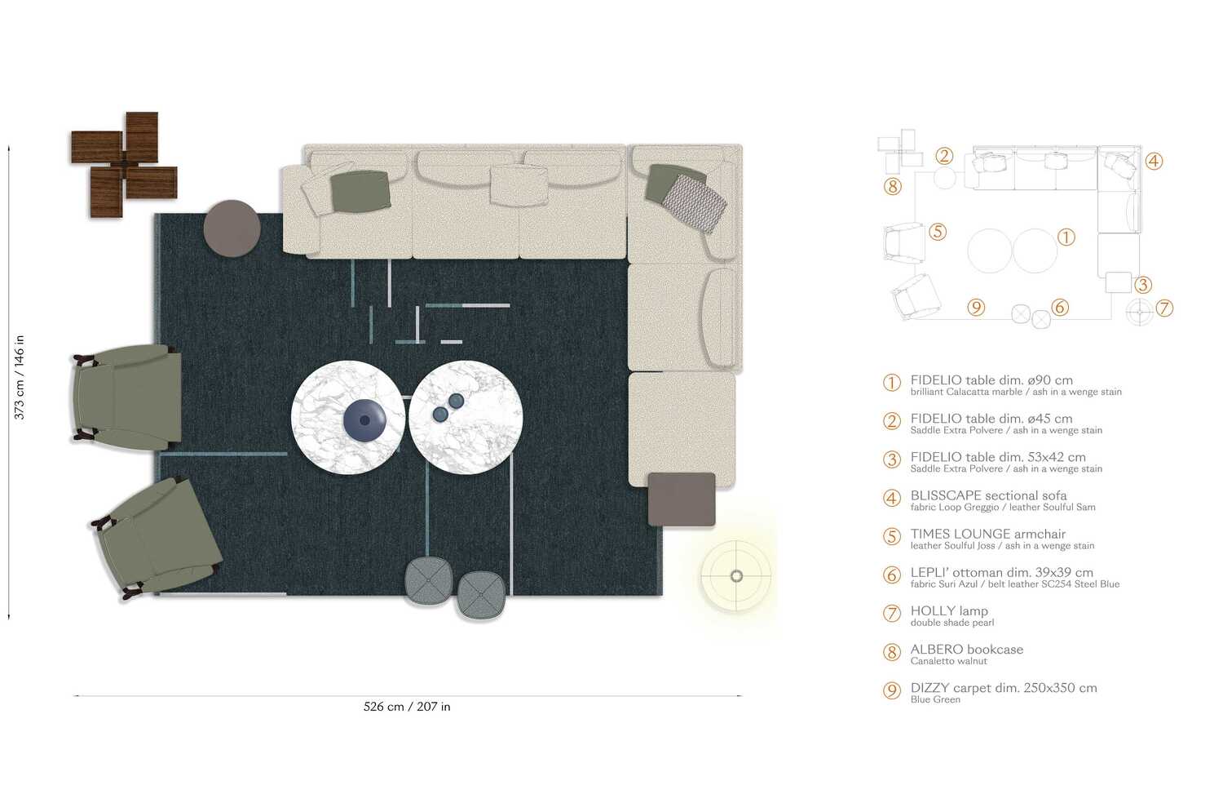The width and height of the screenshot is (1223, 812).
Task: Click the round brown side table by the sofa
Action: tap(232, 229)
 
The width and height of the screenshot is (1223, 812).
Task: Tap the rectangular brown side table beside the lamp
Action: tap(682, 499)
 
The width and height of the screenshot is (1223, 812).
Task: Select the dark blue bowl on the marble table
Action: tap(364, 420)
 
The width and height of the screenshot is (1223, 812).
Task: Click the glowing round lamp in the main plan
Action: tap(736, 576)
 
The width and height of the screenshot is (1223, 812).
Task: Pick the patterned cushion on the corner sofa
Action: tap(694, 202)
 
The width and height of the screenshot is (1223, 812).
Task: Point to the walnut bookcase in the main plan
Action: tap(124, 164)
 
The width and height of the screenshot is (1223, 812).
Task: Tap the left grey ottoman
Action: tap(429, 579)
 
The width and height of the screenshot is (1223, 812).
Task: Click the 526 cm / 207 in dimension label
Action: tap(407, 707)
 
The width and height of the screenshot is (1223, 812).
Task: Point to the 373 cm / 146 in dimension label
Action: tap(20, 377)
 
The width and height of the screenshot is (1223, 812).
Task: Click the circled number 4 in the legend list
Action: tap(892, 498)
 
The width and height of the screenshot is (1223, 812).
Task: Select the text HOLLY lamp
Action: tap(949, 611)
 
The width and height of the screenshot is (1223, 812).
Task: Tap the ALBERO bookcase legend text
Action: tap(966, 650)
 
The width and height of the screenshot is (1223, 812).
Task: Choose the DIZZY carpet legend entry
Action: tap(1003, 688)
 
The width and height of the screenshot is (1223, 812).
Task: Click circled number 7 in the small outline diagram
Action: tap(1164, 308)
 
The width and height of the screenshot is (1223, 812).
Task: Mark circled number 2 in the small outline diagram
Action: tap(944, 156)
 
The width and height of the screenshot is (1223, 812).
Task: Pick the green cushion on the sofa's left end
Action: tap(360, 191)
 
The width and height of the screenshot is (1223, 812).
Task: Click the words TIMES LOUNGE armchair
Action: tap(987, 534)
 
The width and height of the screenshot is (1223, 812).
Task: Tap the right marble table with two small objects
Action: tap(466, 417)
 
